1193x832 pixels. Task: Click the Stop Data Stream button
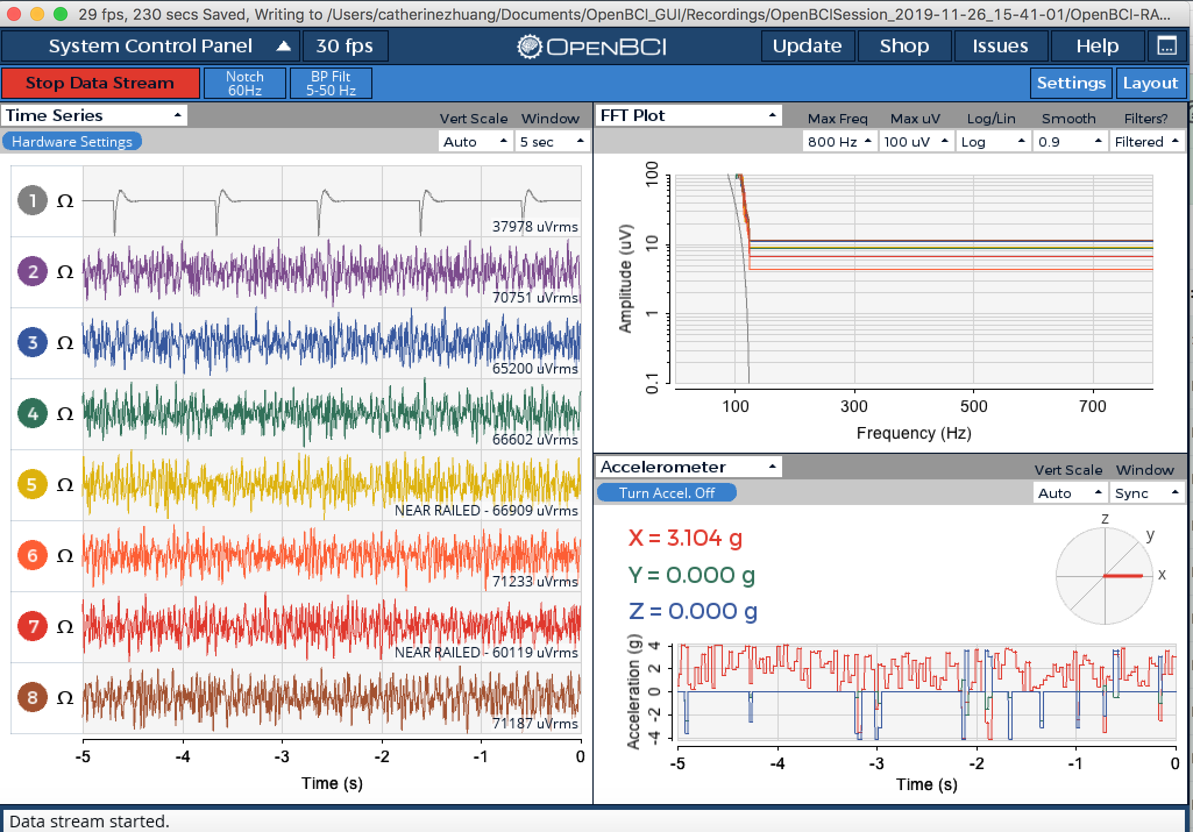coord(100,83)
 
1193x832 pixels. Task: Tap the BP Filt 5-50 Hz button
coord(331,83)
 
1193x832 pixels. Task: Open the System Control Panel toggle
coord(151,46)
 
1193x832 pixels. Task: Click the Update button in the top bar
coord(807,46)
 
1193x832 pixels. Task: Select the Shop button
coord(904,46)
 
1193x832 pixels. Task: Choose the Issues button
coord(1000,46)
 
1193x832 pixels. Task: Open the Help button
coord(1097,46)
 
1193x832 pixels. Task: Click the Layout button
coord(1151,83)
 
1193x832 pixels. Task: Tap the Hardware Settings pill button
coord(72,141)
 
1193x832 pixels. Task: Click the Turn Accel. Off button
coord(667,493)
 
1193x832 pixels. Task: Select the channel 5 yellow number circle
coord(33,485)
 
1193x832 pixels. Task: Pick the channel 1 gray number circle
coord(33,201)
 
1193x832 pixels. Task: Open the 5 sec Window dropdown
coord(552,141)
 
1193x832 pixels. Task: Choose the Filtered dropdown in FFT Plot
coord(1147,141)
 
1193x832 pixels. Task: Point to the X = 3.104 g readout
coord(686,538)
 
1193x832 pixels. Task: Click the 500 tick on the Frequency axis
coord(974,406)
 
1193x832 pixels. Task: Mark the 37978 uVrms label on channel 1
coord(535,226)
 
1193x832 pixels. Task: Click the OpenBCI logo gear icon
coord(530,46)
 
